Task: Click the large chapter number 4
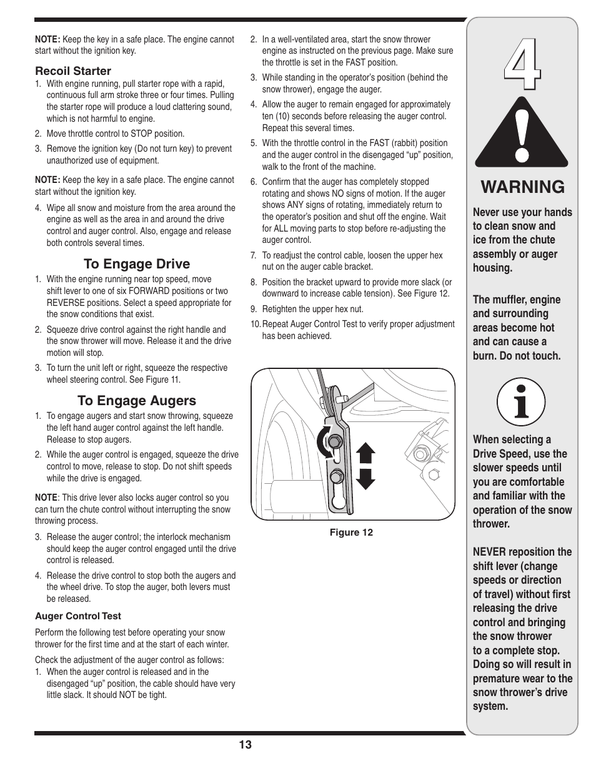522,64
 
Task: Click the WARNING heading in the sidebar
522,187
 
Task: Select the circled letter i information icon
521,402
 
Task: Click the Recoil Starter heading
73,71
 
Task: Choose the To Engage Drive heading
137,264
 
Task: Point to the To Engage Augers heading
137,401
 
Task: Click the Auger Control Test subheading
78,616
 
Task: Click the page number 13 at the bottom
245,744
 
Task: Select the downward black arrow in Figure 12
365,478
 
